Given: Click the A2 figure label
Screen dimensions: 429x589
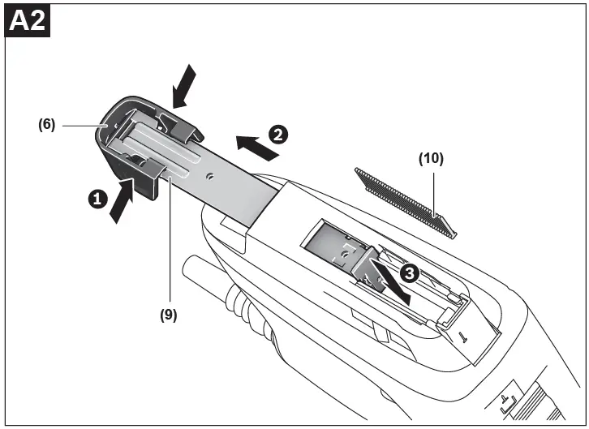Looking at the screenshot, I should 28,21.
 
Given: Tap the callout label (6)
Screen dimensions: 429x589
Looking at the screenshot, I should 45,125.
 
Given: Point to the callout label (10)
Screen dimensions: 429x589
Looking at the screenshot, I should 431,159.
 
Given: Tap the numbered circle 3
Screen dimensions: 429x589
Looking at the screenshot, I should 409,273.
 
